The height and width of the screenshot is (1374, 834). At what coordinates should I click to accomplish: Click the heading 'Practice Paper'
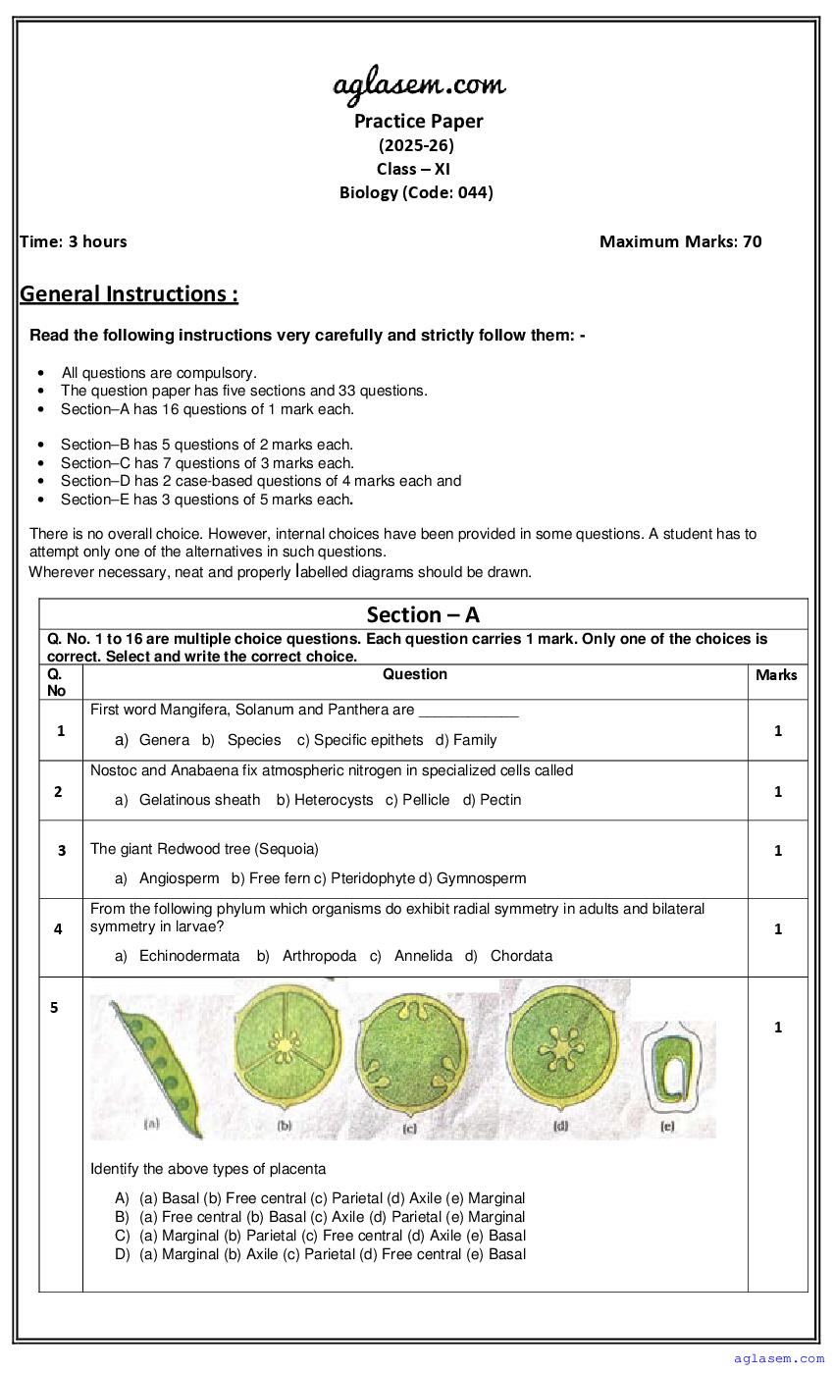(419, 121)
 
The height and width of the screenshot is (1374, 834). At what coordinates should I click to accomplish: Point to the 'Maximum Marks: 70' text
(680, 241)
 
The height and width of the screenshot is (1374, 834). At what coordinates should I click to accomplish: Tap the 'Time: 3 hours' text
(74, 241)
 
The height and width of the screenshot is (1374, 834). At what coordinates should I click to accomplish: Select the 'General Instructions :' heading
(129, 293)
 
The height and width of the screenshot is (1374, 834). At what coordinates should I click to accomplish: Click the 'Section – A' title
(423, 615)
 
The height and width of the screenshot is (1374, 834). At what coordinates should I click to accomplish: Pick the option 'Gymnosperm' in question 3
(482, 878)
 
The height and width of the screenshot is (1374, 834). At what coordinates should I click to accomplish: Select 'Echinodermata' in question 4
(189, 956)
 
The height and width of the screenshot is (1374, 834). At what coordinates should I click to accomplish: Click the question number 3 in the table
(62, 851)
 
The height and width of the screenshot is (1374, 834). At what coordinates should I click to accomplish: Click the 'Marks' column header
(776, 675)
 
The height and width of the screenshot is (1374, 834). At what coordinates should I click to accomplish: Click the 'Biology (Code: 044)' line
(416, 192)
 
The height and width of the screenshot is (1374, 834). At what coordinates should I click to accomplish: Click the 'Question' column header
(415, 674)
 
